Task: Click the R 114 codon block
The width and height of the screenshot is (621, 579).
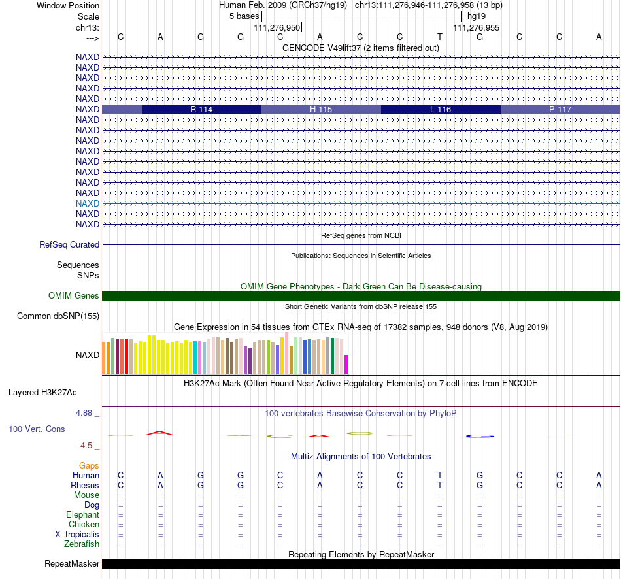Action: coord(201,109)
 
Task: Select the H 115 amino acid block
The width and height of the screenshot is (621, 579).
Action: coord(321,109)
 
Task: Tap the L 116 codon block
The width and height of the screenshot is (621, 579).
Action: coord(441,109)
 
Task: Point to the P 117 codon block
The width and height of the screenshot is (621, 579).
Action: coord(560,109)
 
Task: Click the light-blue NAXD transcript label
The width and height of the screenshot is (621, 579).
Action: coord(88,203)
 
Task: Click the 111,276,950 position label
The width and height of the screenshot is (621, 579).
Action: coord(277,27)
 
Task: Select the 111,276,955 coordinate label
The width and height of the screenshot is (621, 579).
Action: coord(476,27)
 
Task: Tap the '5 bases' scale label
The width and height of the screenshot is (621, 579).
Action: coord(244,16)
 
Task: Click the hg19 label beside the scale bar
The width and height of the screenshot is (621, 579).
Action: coord(477,16)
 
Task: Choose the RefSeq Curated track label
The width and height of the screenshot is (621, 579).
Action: coord(69,245)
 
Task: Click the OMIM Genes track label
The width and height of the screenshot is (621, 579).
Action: coord(74,296)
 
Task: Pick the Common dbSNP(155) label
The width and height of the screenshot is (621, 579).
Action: coord(58,316)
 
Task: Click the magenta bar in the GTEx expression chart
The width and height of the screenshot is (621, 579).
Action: coord(346,365)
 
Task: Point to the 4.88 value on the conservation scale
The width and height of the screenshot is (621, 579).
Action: coord(84,412)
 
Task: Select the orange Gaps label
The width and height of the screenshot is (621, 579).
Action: coord(89,466)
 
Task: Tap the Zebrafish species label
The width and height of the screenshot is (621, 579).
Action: coord(82,544)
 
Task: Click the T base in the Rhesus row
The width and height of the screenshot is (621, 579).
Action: coord(440,485)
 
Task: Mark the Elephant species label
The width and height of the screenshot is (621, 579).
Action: coord(83,515)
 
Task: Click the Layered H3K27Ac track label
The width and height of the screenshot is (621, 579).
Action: coord(42,393)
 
